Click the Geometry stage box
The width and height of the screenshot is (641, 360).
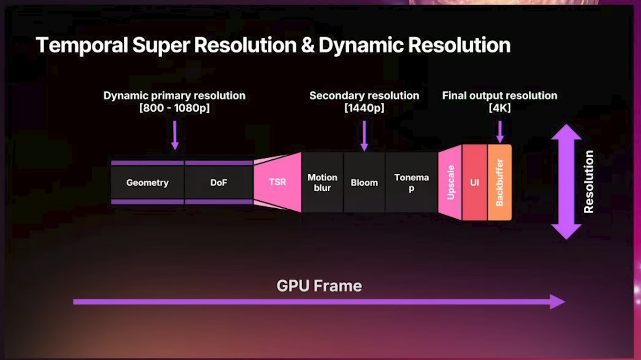[x=147, y=182]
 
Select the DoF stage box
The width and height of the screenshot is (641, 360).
[x=219, y=182]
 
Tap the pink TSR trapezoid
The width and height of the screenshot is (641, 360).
[x=277, y=182]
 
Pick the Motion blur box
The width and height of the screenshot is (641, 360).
[x=322, y=182]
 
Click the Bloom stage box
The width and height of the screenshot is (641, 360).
[x=364, y=182]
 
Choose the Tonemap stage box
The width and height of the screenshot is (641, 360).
[x=412, y=182]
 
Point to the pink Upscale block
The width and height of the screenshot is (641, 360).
[x=450, y=182]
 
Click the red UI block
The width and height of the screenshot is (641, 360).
[x=475, y=182]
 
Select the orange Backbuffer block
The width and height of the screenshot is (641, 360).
[x=499, y=182]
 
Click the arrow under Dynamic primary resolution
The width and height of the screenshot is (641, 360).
[x=175, y=135]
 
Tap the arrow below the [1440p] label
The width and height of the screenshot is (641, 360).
[x=364, y=136]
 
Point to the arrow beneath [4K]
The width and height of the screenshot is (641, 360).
[x=500, y=132]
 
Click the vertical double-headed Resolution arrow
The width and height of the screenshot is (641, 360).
[x=566, y=182]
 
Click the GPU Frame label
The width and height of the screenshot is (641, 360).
[x=319, y=286]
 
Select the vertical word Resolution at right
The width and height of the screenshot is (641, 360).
[x=589, y=182]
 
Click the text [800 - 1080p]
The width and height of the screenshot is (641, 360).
[x=175, y=108]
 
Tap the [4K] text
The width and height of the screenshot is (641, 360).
[x=499, y=108]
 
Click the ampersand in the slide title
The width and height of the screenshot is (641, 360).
[x=308, y=45]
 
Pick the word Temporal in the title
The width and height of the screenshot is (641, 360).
[x=82, y=46]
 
